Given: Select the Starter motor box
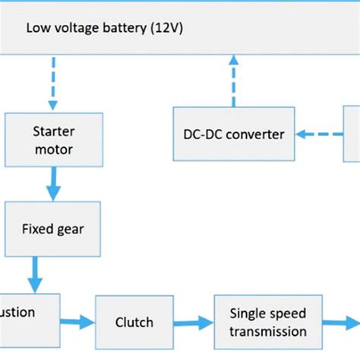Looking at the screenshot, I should (x=53, y=140).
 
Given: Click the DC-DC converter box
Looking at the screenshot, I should (x=233, y=134).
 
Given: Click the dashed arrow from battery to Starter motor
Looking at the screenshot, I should (x=53, y=83).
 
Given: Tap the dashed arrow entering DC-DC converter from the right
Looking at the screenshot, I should (x=318, y=134).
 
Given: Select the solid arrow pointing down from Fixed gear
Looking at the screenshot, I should (x=34, y=270).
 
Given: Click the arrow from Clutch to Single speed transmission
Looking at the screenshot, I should (x=195, y=321).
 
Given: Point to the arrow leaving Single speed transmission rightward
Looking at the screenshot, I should (x=340, y=321).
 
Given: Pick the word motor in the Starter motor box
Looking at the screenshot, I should (x=53, y=150).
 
